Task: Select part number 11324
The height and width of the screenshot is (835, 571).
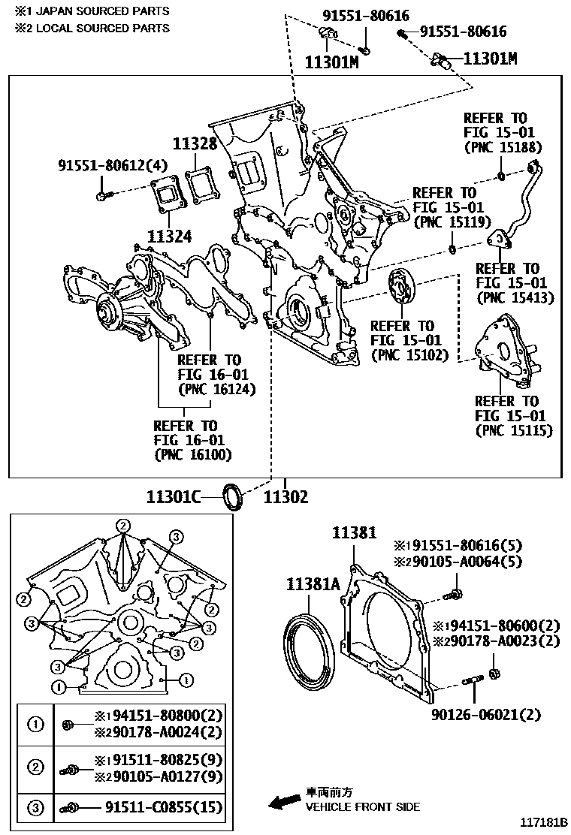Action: coord(168,236)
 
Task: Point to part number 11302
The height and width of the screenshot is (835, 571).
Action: coord(285,496)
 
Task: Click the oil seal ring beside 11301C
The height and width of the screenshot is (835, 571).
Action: coord(233,496)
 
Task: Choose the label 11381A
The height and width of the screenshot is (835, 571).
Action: coord(313,586)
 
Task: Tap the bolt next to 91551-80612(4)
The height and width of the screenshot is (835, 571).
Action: coord(104,196)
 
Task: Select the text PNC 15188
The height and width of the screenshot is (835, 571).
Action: coord(503,147)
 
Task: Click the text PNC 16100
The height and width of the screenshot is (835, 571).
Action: coord(193,454)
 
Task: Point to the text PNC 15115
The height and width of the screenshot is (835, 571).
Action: coord(514,430)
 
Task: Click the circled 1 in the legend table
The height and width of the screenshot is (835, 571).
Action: coord(35,725)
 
